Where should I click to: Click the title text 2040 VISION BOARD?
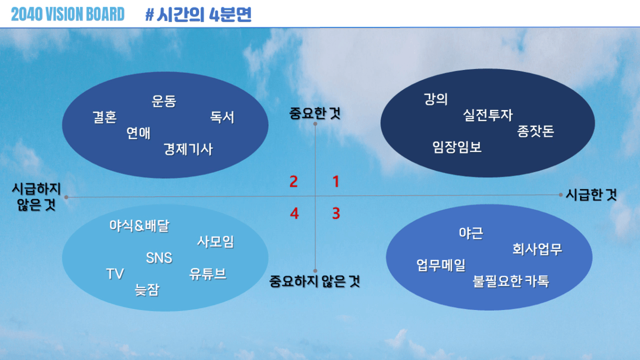pos(68,14)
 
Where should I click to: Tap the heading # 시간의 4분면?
pos(198,14)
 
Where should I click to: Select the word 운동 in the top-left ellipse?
pos(164,101)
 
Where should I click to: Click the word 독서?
pos(222,117)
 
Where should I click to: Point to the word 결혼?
pos(105,117)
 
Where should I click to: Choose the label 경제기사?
pos(188,149)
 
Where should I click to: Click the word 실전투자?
pos(488,115)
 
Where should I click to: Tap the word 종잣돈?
pos(536,131)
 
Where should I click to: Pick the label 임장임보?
pos(457,147)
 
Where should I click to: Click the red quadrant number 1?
pos(336,182)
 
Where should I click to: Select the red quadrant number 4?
pos(294,214)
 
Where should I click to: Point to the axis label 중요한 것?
pos(315,114)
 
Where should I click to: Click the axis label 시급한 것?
pos(591,195)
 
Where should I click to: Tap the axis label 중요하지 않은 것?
pos(315,282)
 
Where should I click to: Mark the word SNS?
pos(159,258)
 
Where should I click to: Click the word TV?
pos(115,274)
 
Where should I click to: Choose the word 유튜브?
pos(208,274)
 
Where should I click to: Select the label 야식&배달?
pos(139,226)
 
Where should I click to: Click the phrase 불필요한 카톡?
pos(511,282)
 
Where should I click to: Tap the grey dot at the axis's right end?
pos(561,195)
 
